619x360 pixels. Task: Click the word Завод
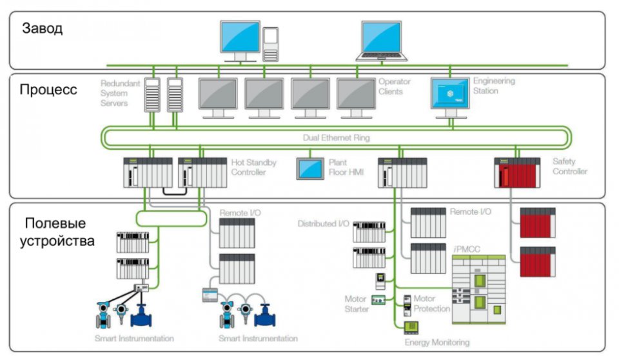coord(43,29)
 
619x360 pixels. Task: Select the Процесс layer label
coord(48,90)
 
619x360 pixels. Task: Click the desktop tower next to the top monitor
coord(271,44)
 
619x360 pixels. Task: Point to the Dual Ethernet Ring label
coord(336,137)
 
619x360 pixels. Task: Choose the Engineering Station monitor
coord(449,94)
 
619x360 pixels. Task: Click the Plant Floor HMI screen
coord(310,168)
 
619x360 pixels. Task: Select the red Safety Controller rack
coord(516,172)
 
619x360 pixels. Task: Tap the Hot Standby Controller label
coord(253,167)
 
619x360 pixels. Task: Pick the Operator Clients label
coord(391,86)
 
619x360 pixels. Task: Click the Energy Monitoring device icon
coord(410,327)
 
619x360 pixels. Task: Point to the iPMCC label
coord(467,249)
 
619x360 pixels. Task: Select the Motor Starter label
coord(357,304)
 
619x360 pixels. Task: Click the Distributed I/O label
coord(323,224)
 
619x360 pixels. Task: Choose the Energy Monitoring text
coord(437,342)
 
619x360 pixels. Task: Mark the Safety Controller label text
coord(569,166)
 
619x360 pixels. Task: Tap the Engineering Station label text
coord(494,86)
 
